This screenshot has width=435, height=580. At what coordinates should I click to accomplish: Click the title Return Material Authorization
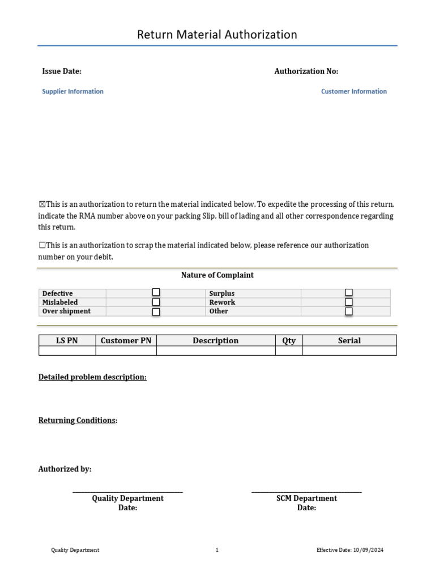click(x=217, y=35)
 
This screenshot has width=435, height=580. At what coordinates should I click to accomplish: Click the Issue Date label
click(x=62, y=71)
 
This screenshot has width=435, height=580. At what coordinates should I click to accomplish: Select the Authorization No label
click(x=306, y=71)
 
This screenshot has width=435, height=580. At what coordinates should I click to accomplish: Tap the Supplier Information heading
click(x=72, y=91)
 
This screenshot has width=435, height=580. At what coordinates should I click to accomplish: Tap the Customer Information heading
click(x=354, y=91)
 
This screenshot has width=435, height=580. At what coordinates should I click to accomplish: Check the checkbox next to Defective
click(x=156, y=293)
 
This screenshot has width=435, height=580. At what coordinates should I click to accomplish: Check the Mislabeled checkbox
click(x=156, y=302)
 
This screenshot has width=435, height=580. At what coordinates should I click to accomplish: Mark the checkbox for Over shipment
click(x=156, y=312)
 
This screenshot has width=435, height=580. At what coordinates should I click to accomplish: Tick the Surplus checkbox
click(x=349, y=293)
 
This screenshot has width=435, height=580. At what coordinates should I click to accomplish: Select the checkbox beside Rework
click(x=349, y=302)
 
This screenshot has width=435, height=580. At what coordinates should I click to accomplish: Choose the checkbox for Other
click(x=349, y=312)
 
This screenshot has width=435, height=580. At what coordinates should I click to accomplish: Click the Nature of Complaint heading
click(x=217, y=275)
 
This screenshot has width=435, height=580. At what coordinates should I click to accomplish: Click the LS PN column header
click(x=67, y=340)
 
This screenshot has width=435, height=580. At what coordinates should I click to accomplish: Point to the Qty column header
click(x=289, y=340)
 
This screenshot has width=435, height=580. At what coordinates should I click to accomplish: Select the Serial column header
click(x=349, y=340)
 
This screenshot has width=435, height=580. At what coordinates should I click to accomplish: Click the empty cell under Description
click(x=216, y=351)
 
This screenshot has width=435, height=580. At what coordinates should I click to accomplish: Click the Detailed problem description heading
click(x=92, y=377)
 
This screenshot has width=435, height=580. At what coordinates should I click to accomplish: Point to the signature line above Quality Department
click(x=127, y=491)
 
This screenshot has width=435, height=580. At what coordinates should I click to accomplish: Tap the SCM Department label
click(x=306, y=498)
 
